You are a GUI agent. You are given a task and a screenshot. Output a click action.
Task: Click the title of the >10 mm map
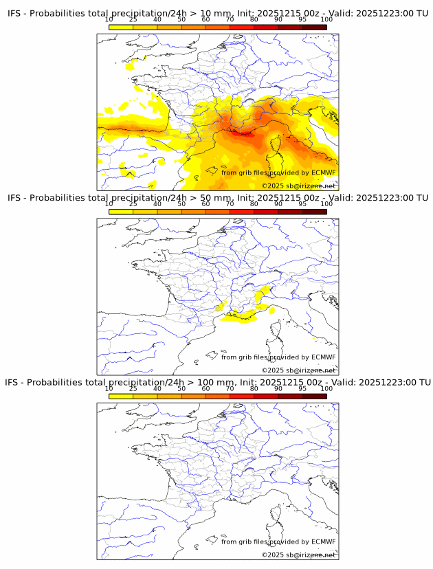(217, 14)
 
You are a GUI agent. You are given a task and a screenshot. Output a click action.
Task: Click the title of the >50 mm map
(217, 198)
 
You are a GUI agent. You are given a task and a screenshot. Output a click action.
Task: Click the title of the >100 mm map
(217, 382)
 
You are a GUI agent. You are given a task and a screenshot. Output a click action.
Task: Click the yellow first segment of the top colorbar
(121, 27)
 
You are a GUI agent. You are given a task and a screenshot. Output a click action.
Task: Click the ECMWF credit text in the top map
(278, 172)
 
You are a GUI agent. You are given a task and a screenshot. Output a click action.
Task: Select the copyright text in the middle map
(298, 370)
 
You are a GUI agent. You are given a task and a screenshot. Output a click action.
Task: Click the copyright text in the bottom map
(298, 555)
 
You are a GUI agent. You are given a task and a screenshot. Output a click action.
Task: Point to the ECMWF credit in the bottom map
(278, 542)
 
